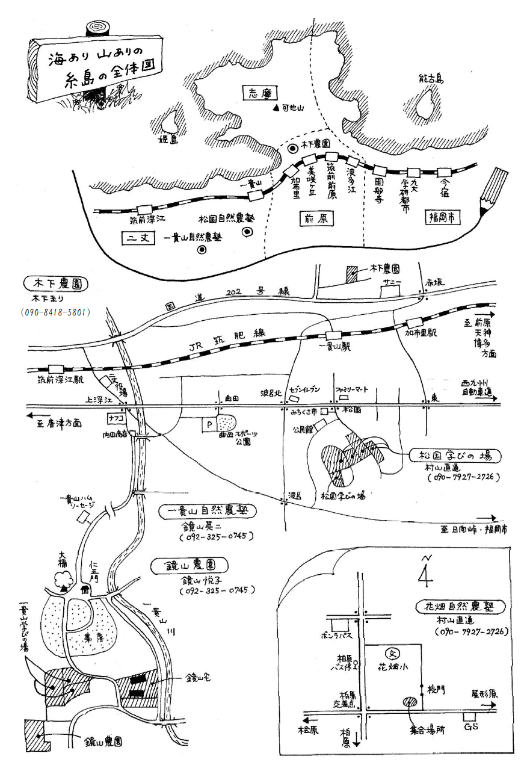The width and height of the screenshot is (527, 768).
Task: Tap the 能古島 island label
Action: click(431, 78)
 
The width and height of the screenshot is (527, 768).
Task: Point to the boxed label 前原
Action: click(316, 218)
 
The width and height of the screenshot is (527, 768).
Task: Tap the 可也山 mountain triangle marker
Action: click(276, 109)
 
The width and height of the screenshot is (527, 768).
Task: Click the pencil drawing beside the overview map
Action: click(493, 191)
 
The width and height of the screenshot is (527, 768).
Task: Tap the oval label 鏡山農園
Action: click(189, 565)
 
